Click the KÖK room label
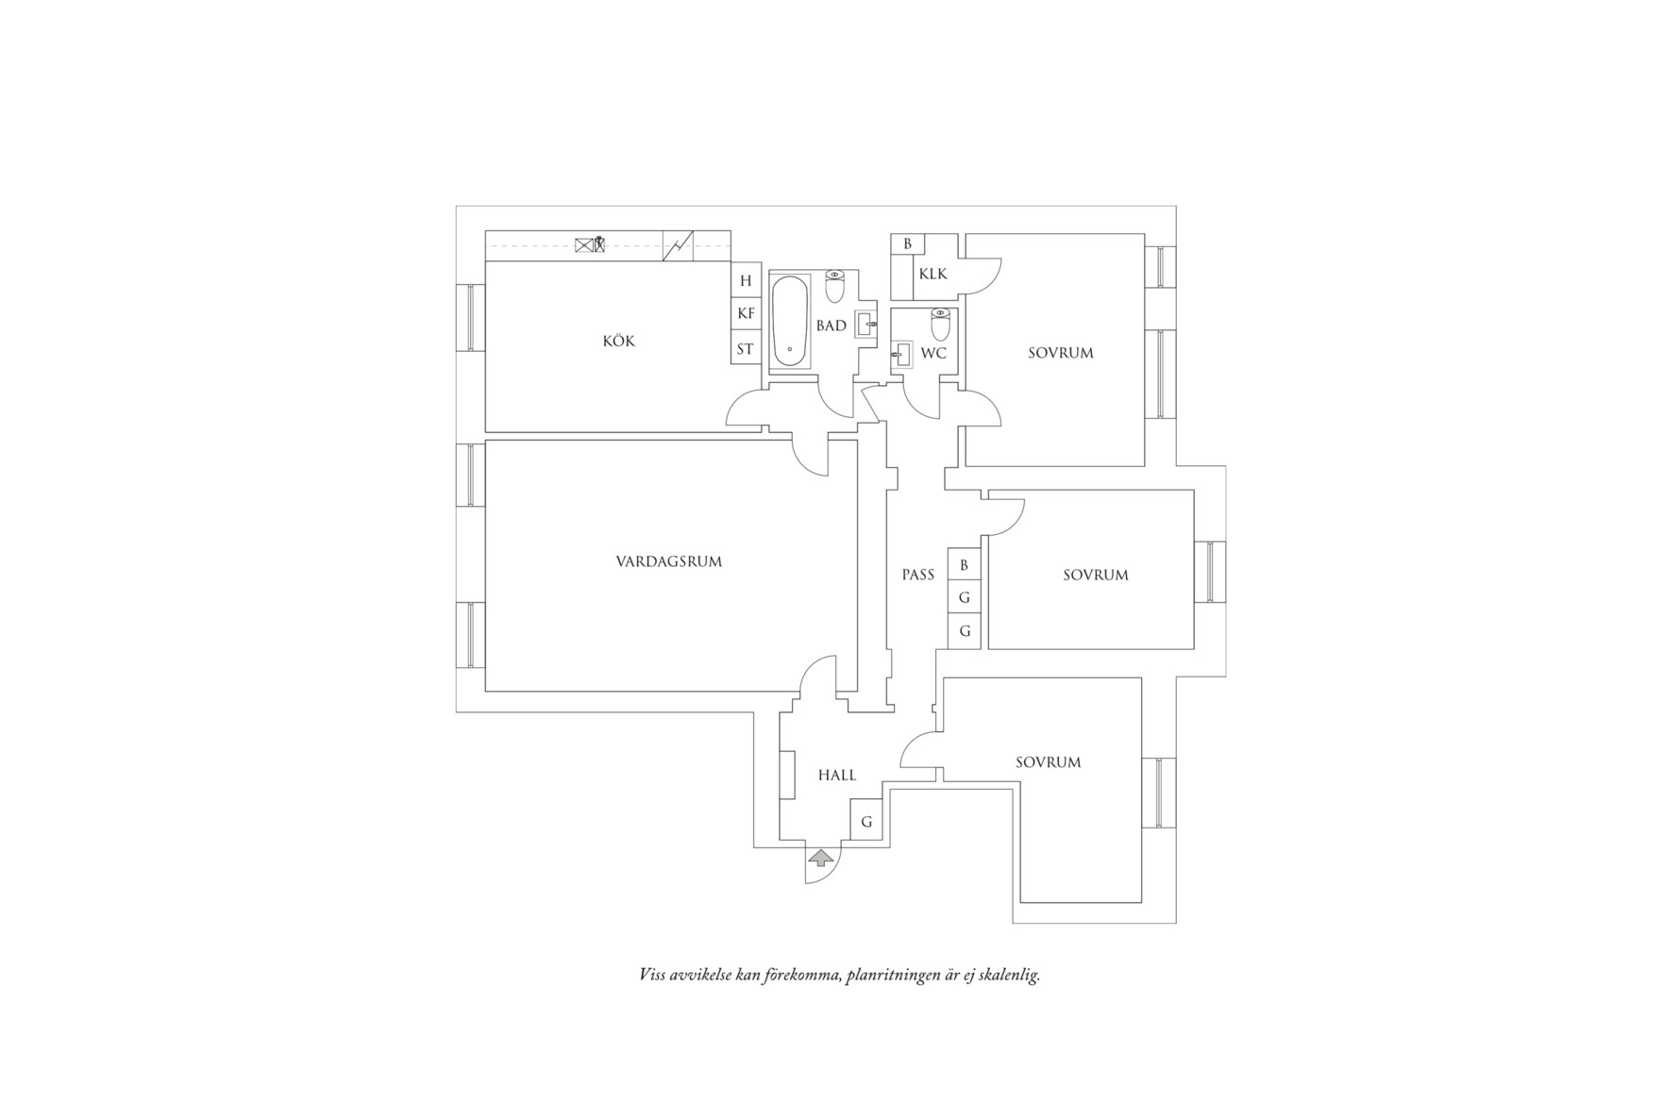618,341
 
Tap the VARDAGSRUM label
668,561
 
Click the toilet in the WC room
940,325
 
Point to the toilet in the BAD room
835,285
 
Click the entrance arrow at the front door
822,857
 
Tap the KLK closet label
932,274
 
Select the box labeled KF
746,314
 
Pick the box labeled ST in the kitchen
746,348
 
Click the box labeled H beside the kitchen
746,280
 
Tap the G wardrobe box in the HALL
866,821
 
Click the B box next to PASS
964,565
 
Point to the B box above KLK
907,243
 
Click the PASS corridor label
917,574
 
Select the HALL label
837,775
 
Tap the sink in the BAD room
866,324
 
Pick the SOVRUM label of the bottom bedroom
1049,762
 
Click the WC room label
933,354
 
